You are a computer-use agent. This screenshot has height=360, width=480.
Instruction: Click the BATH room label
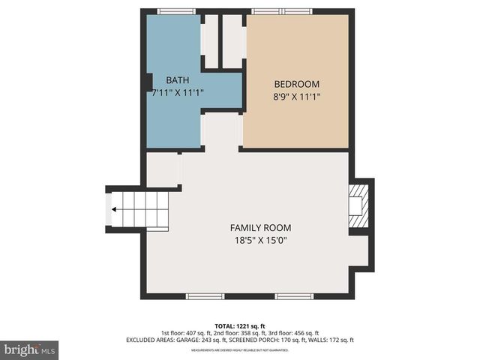point(178,80)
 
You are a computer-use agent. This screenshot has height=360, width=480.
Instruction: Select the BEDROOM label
point(296,84)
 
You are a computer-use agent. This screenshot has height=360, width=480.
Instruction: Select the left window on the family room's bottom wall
point(205,296)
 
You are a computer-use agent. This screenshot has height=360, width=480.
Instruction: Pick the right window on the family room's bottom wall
point(294,296)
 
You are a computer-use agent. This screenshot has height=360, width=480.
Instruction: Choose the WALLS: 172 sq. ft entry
point(334,340)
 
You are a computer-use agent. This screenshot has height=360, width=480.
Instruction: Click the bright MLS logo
point(29,349)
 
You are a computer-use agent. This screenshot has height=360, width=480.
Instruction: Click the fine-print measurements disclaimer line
point(239,350)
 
